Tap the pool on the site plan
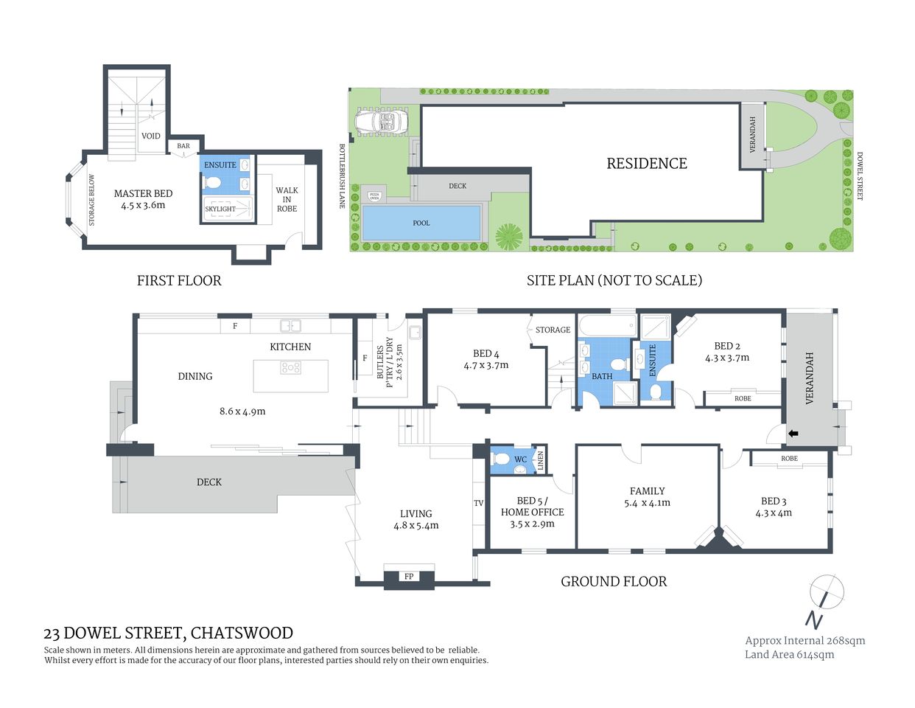(x=421, y=223)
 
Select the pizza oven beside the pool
(x=374, y=196)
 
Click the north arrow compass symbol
(x=825, y=591)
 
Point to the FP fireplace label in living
(x=409, y=576)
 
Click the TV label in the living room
(x=479, y=503)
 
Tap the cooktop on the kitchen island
(x=291, y=367)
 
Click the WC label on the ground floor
(x=520, y=459)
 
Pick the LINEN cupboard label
(x=540, y=461)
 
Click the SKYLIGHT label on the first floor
(x=220, y=209)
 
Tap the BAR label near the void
(x=183, y=146)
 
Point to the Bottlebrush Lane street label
(x=342, y=176)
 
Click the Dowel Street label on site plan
(x=859, y=176)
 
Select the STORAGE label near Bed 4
(x=553, y=330)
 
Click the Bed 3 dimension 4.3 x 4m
(x=774, y=513)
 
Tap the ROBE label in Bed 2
(x=743, y=398)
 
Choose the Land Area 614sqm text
(x=789, y=654)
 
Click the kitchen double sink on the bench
(x=290, y=325)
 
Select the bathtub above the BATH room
(x=607, y=325)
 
